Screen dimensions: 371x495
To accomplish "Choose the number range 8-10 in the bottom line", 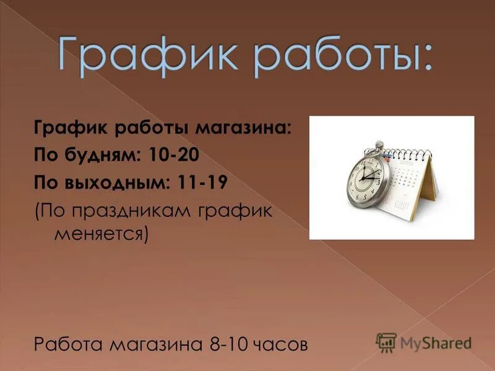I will tap(230, 343).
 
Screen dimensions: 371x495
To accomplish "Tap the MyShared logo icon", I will tap(385, 342).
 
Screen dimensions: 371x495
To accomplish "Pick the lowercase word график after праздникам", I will tap(236, 211).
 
